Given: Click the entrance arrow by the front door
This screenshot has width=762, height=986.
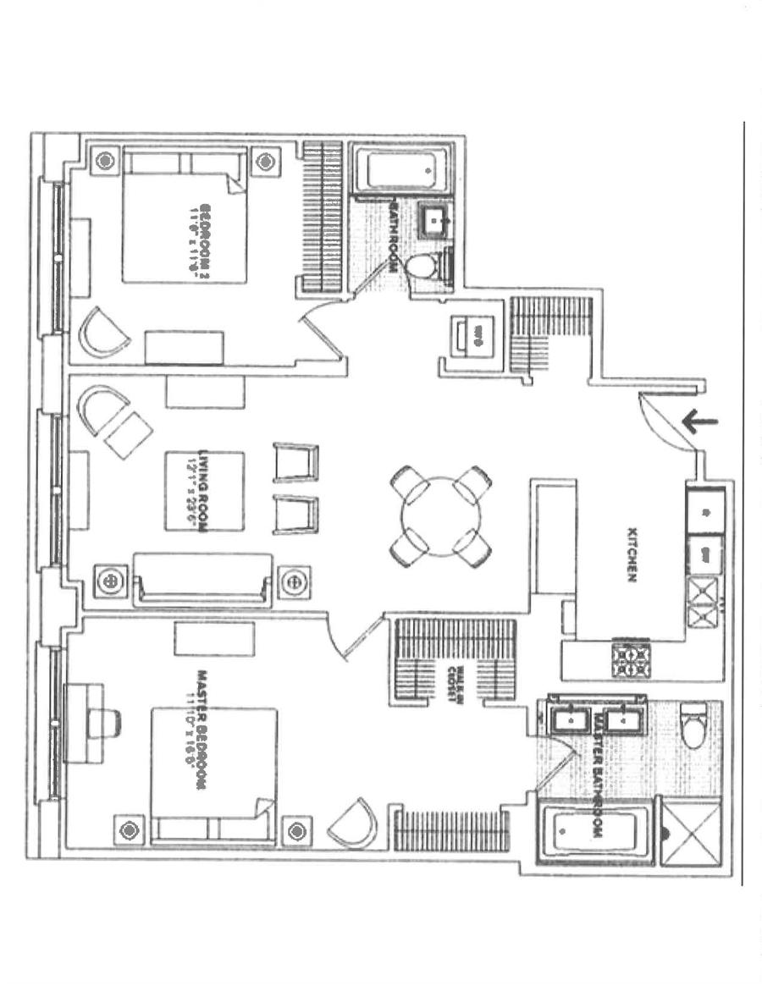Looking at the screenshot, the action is (700, 421).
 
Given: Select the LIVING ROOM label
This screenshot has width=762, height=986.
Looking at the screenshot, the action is (202, 491).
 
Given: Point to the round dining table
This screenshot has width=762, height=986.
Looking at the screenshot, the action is (440, 516).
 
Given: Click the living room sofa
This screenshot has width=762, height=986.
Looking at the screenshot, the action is (203, 581).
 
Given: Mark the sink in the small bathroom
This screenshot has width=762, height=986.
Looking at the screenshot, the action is (439, 218).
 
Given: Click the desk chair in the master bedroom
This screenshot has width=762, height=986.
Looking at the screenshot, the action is (106, 723).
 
